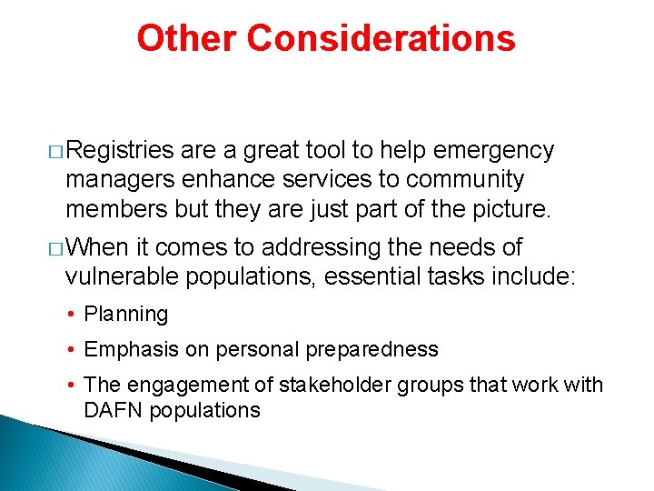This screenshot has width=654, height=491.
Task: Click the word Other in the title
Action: (x=187, y=38)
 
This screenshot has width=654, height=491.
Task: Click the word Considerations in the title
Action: (x=381, y=38)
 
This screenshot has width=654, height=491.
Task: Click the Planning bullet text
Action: (x=126, y=315)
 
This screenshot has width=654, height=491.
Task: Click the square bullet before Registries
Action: (x=56, y=151)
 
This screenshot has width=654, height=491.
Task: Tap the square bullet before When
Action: (x=56, y=248)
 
